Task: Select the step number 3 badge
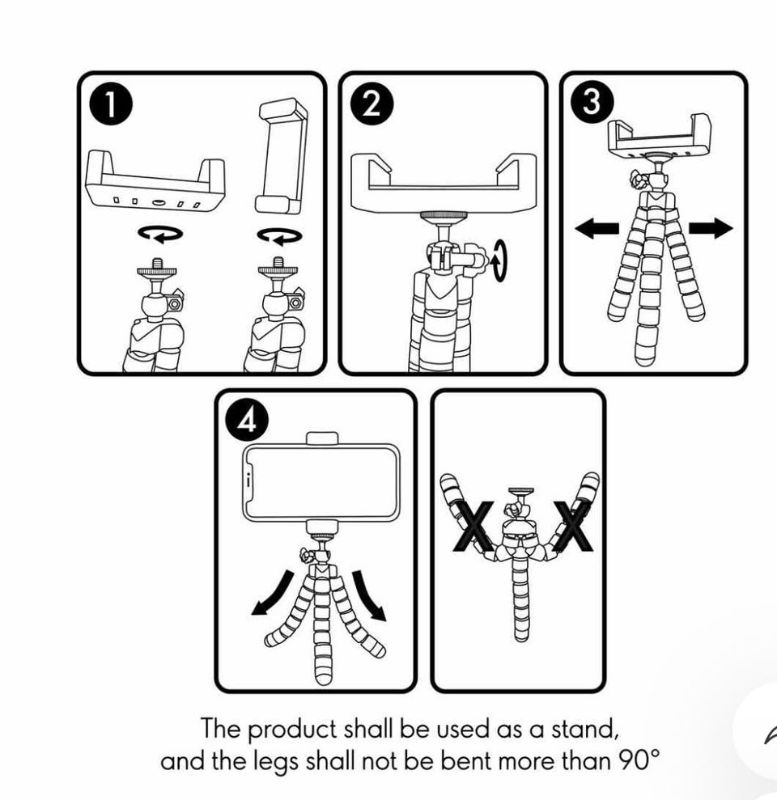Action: [592, 105]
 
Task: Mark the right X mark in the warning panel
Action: [573, 527]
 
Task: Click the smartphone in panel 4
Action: [321, 483]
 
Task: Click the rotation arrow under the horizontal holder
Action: [159, 234]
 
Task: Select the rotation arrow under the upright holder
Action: [279, 235]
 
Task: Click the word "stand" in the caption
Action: [587, 729]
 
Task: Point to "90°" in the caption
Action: [635, 761]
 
